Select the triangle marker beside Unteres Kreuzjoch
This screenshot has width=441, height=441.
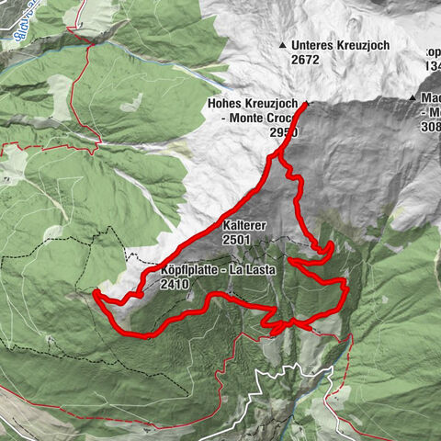pos(282,45)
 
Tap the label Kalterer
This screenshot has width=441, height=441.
pos(243,225)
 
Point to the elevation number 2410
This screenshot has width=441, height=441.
pos(174,285)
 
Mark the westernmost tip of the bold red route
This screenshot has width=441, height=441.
pos(96,292)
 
